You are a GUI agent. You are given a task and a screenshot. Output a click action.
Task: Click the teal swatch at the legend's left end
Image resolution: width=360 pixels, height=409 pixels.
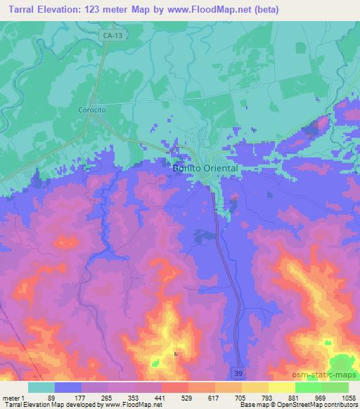pyautogui.click(x=41, y=387)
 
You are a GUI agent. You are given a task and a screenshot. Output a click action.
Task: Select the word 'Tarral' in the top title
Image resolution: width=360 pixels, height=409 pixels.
pyautogui.click(x=18, y=10)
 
